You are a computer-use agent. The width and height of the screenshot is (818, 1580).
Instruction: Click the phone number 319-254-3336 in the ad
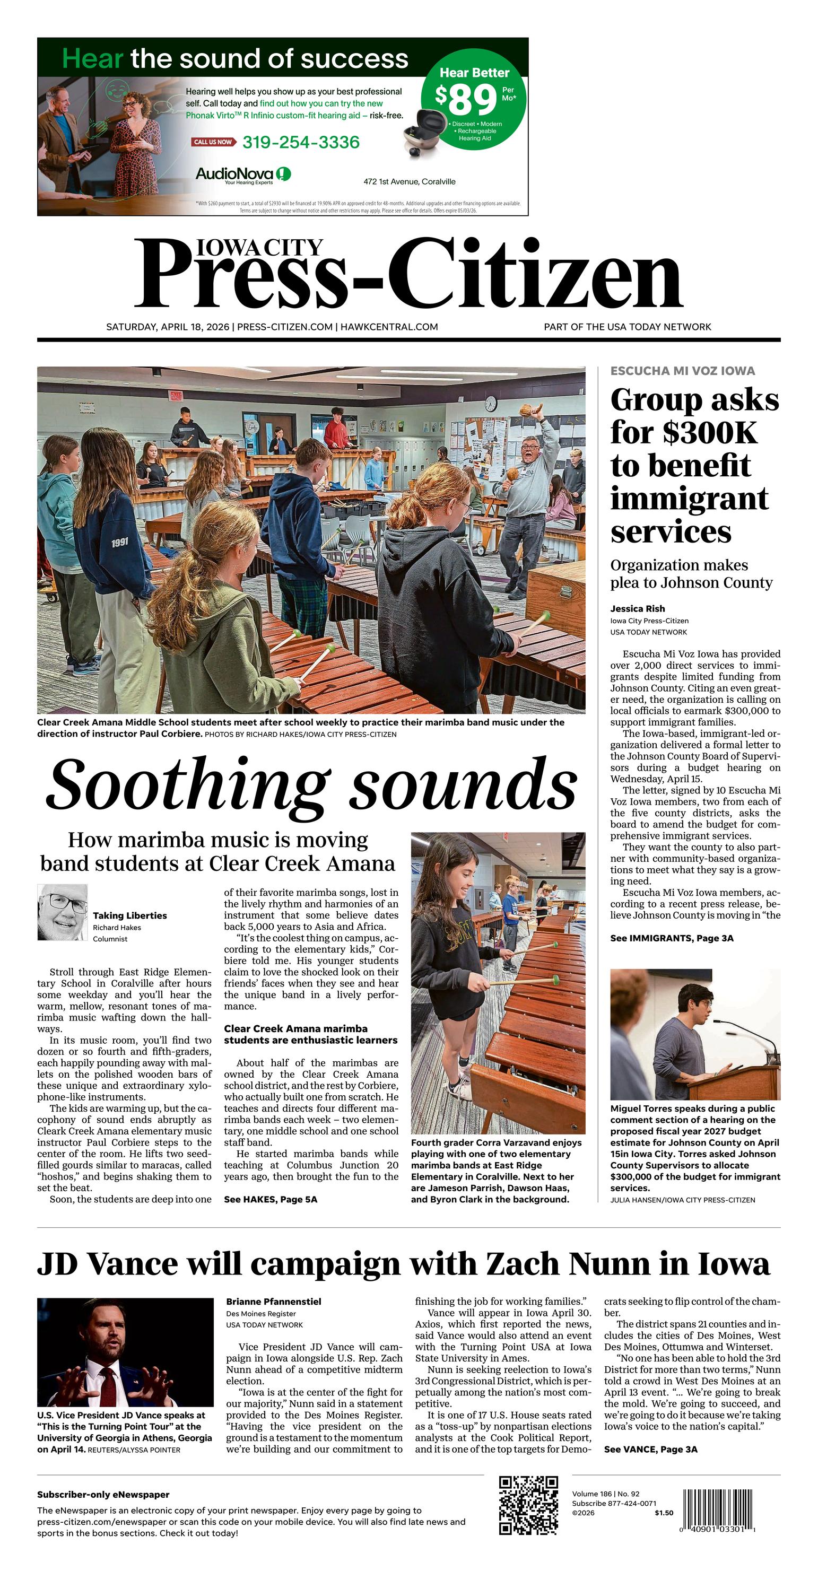pos(301,142)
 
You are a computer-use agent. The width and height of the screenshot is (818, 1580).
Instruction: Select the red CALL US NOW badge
pos(213,142)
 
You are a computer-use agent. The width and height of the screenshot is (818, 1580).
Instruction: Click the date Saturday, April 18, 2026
pos(168,327)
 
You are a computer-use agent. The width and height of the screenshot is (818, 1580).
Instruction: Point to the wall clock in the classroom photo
pos(490,404)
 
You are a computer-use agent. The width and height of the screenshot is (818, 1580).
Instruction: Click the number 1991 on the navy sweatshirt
pos(120,543)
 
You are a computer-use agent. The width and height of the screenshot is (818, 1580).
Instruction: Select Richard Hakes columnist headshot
pos(63,913)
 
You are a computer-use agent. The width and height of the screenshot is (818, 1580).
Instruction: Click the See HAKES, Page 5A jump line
pos(270,1199)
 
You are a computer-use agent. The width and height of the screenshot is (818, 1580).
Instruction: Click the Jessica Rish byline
pos(637,608)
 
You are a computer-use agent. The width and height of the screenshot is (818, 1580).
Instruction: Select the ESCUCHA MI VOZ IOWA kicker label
pos(682,370)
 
